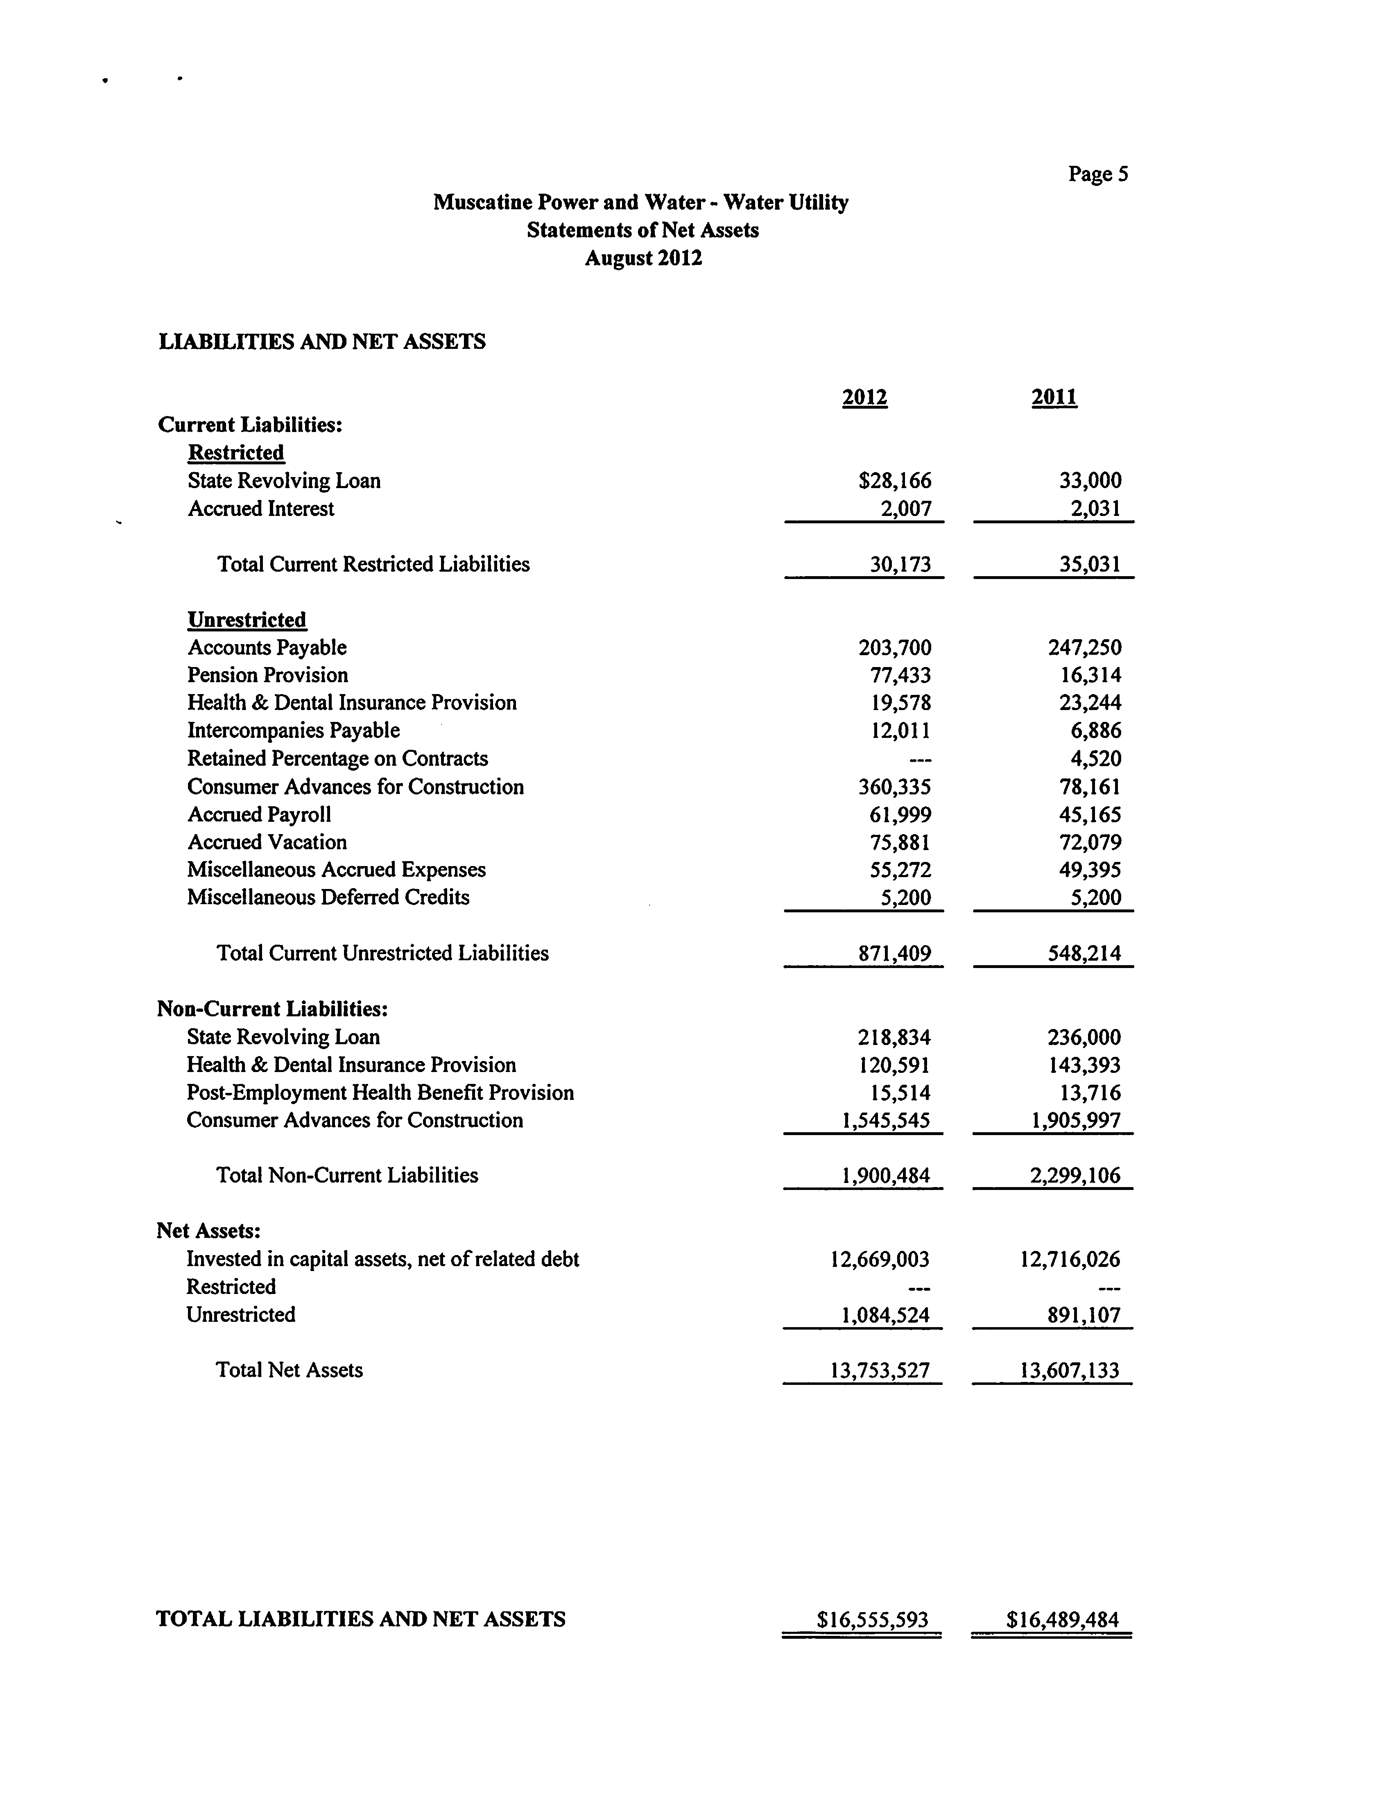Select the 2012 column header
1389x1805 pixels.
tap(864, 398)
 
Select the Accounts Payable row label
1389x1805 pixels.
tap(267, 648)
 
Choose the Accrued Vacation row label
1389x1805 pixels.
tap(267, 842)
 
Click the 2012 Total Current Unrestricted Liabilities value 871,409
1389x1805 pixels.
tap(895, 954)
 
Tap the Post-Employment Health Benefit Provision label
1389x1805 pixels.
tap(380, 1092)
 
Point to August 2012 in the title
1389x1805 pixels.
tap(644, 258)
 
